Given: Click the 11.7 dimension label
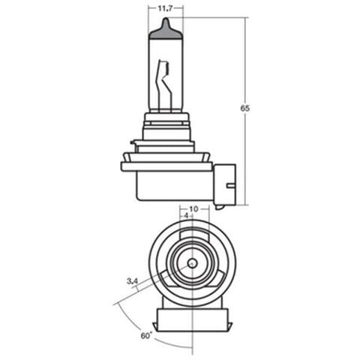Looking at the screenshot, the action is click(x=166, y=9).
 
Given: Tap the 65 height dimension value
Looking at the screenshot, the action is click(x=245, y=109).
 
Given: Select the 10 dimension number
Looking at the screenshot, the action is click(x=193, y=209).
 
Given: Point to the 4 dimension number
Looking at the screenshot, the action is click(x=186, y=216).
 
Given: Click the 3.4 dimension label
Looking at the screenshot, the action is click(x=132, y=281).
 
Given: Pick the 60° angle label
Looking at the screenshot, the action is click(x=146, y=335).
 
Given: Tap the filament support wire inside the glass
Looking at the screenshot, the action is click(x=164, y=85).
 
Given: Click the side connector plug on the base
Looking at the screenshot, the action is click(x=225, y=184).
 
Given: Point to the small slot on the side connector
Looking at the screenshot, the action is click(x=231, y=185).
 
